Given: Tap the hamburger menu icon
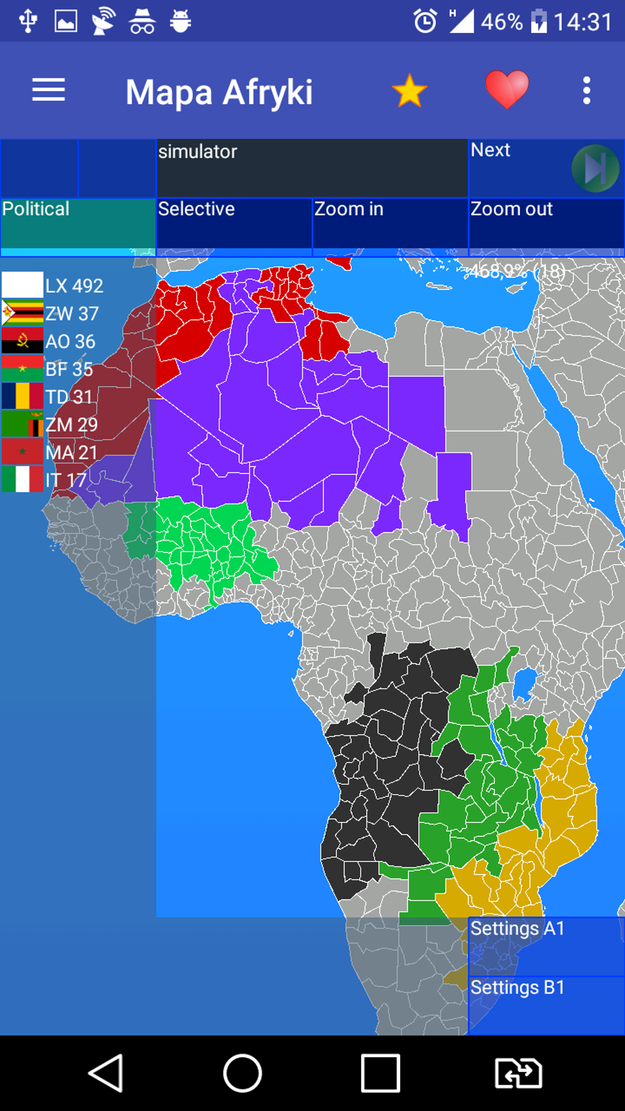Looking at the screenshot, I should coord(48,90).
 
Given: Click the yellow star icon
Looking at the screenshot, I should coord(409,91).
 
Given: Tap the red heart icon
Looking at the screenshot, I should coord(507,89).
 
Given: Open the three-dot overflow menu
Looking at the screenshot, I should coord(586,91).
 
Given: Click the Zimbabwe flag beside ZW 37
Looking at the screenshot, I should coord(22,313).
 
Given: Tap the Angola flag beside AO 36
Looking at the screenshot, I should coord(22,341).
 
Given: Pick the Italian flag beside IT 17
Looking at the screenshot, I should coord(22,479).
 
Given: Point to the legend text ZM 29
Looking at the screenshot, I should coord(72,425).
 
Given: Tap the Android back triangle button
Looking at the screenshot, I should coord(106,1073).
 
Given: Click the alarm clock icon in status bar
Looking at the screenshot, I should coord(425,21).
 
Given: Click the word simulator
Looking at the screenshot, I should coord(198,151).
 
